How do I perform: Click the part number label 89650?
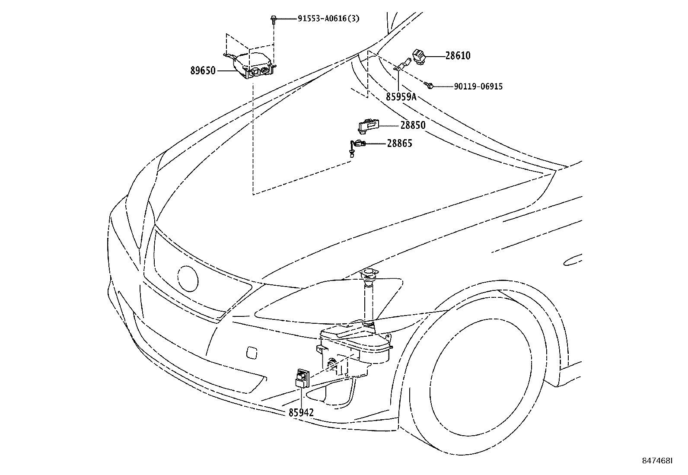(x=203, y=70)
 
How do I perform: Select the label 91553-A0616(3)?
(x=328, y=18)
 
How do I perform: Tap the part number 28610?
(x=458, y=56)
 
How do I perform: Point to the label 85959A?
(x=401, y=97)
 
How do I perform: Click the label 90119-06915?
(x=478, y=86)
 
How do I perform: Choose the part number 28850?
(x=413, y=125)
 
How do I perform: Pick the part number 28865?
(x=399, y=143)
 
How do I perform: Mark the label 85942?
(x=301, y=413)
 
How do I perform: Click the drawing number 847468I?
(x=656, y=461)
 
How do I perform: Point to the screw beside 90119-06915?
(x=430, y=86)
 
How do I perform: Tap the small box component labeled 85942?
(x=301, y=377)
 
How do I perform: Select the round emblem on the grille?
(x=188, y=279)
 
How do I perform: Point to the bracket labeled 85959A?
(x=402, y=66)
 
